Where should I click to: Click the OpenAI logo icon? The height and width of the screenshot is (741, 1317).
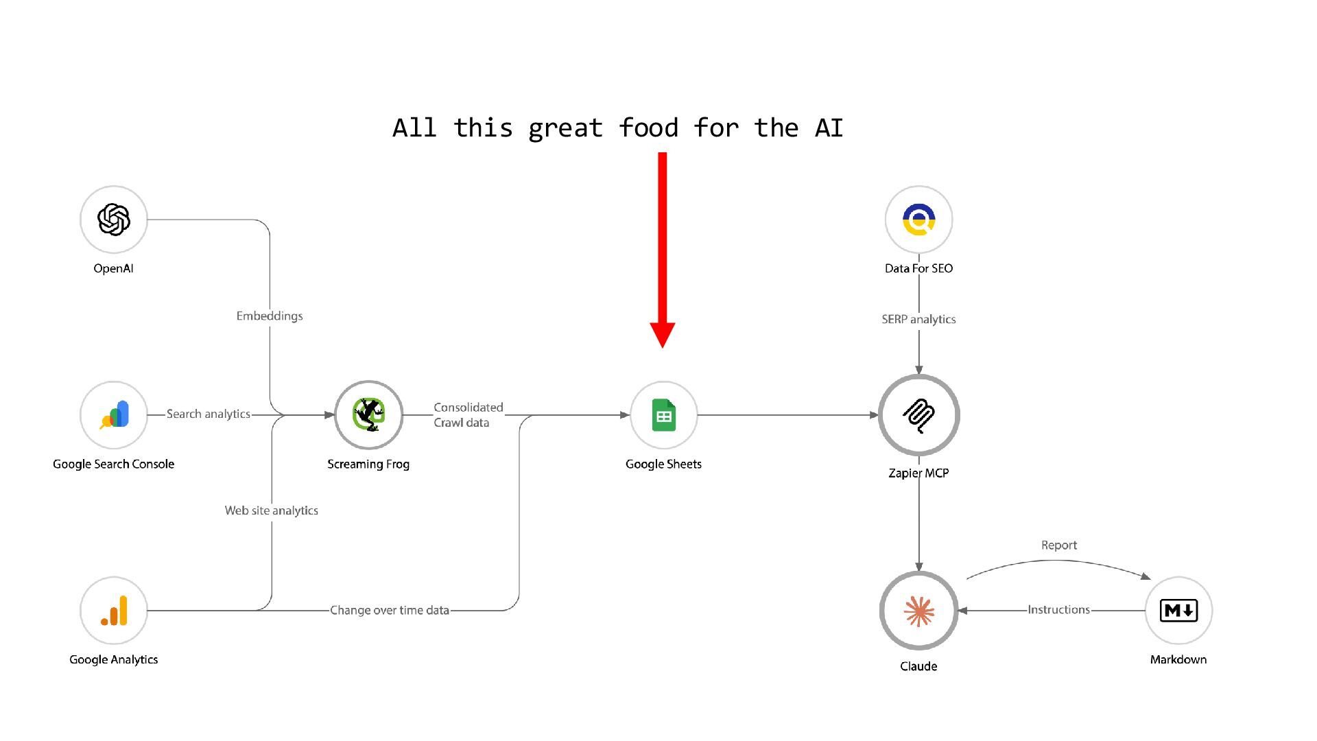[114, 220]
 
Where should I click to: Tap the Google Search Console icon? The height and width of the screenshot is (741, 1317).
[114, 415]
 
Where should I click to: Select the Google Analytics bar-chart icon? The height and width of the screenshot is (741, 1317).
[114, 611]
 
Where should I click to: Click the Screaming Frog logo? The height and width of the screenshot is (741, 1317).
[368, 415]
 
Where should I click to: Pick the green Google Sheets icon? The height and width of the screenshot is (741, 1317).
[663, 415]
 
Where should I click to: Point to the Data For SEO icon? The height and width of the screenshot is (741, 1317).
[918, 220]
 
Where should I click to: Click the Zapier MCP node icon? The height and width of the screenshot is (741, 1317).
[918, 415]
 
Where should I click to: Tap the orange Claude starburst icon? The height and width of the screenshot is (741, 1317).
[918, 611]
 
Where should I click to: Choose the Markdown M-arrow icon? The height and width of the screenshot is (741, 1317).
[1178, 611]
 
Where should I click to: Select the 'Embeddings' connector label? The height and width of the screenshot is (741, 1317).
[270, 316]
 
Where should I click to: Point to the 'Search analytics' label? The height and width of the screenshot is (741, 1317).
[209, 414]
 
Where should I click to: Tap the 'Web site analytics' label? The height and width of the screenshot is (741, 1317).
[272, 510]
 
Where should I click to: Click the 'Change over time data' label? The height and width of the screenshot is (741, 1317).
[390, 610]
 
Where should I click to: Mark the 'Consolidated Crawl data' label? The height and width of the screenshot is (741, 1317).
[468, 415]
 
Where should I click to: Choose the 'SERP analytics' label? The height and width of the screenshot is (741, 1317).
[918, 320]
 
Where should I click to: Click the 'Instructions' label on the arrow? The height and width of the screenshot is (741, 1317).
[1058, 610]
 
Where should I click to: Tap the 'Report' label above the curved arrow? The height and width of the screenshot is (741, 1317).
[1058, 545]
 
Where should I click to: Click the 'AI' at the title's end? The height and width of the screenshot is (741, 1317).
[829, 128]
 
